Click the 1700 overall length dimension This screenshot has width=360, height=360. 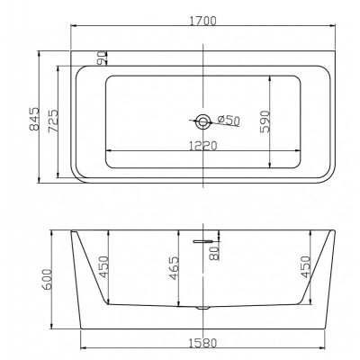[x=202, y=21]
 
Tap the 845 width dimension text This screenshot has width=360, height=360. [x=34, y=119]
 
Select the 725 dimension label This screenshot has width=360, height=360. [x=53, y=121]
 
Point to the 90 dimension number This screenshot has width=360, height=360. [x=102, y=58]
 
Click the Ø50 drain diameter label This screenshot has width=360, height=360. [x=229, y=120]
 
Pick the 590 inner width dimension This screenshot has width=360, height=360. [x=265, y=121]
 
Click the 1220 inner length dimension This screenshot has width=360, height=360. [x=202, y=146]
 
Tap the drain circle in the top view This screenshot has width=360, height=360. [x=203, y=121]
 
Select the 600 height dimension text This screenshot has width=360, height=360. [x=47, y=279]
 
